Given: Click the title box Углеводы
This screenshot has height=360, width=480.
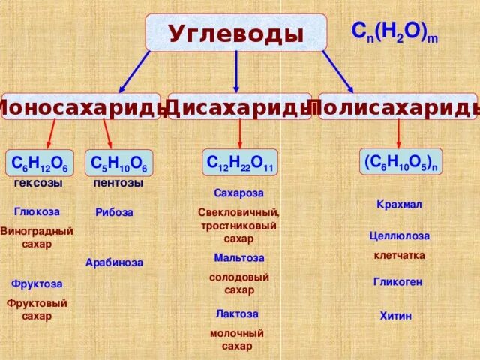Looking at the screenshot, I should click(236, 33).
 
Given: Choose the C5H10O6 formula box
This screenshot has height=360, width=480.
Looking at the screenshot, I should click(118, 163).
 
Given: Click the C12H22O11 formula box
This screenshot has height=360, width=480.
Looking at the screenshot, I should click(239, 162).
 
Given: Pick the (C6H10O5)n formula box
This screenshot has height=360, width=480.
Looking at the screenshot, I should click(400, 162).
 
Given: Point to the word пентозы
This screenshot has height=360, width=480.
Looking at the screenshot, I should click(118, 183).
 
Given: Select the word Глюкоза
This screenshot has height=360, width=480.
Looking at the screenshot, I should click(37, 211).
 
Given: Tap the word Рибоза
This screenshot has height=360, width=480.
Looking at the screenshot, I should click(115, 212).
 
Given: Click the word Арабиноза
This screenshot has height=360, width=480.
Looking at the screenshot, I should click(114, 262).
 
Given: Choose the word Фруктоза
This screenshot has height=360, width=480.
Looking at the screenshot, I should click(37, 284).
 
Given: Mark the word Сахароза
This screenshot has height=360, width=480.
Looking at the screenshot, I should click(238, 193).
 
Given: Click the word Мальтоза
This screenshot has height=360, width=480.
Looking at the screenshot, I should click(239, 257).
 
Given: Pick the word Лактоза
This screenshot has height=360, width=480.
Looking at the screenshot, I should click(237, 313).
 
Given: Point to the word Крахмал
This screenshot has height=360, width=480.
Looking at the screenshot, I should click(399, 205).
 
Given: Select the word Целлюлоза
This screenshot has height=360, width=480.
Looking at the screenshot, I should click(400, 235).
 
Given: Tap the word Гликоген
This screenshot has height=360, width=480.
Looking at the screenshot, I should click(398, 282).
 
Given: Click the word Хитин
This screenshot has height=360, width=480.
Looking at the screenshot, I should click(396, 316).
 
